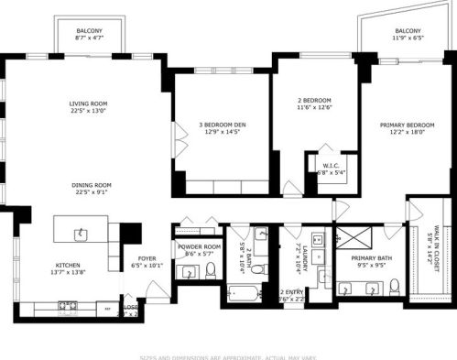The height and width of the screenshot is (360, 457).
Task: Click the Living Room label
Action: click(89, 107)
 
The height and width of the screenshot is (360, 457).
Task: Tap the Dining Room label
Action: click(92, 188)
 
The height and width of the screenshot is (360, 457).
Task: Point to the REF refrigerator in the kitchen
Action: click(108, 309)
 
